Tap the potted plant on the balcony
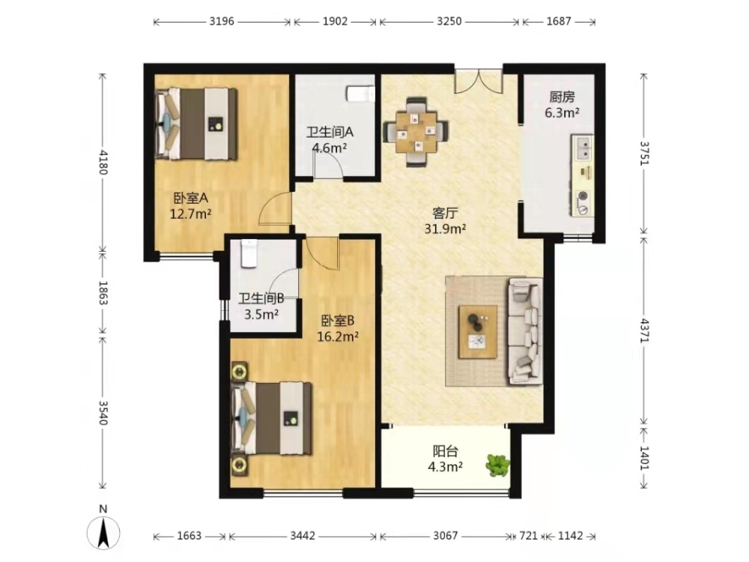pyautogui.click(x=498, y=465)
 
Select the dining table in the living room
pyautogui.click(x=416, y=132)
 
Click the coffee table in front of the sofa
pyautogui.click(x=478, y=332)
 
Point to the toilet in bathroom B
pyautogui.click(x=249, y=253)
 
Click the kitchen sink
pyautogui.click(x=583, y=148)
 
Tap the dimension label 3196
pyautogui.click(x=222, y=22)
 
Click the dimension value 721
pyautogui.click(x=528, y=536)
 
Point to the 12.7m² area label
pyautogui.click(x=190, y=214)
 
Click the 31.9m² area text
pyautogui.click(x=445, y=229)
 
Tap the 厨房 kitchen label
pyautogui.click(x=562, y=97)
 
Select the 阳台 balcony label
pyautogui.click(x=446, y=450)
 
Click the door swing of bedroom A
pyautogui.click(x=275, y=208)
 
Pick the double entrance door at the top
pyautogui.click(x=478, y=81)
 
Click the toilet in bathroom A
pyautogui.click(x=360, y=94)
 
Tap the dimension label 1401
pyautogui.click(x=645, y=458)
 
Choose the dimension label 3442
pyautogui.click(x=303, y=536)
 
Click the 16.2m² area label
pyautogui.click(x=339, y=336)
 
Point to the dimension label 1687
pyautogui.click(x=559, y=22)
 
